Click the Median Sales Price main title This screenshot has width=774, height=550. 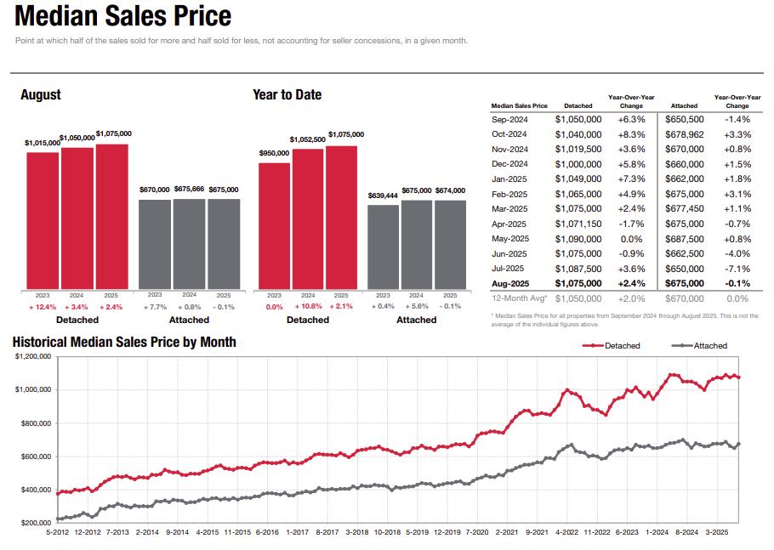click(123, 16)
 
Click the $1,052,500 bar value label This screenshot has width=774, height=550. click(307, 139)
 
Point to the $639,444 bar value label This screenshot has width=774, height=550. click(383, 196)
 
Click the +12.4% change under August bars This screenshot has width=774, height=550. click(43, 306)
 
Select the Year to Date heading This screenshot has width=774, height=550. click(287, 95)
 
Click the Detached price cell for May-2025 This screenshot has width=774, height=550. click(578, 239)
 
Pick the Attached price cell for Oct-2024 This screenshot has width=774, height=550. click(684, 134)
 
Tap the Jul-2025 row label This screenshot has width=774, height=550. click(509, 269)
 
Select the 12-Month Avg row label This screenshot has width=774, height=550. click(520, 298)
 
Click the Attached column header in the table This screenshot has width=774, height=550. click(684, 106)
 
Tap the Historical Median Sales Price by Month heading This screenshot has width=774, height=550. click(124, 342)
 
